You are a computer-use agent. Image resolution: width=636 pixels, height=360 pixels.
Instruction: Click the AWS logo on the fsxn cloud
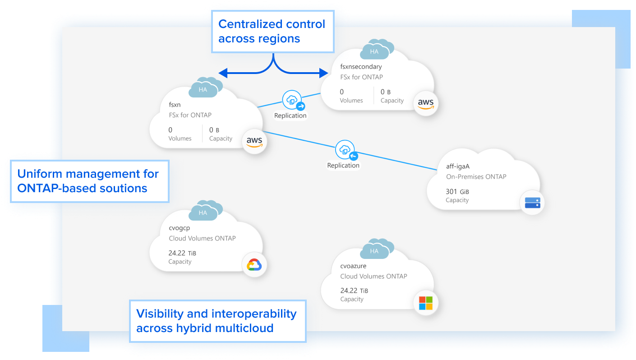254,142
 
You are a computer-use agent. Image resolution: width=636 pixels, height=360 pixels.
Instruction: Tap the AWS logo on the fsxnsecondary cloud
425,104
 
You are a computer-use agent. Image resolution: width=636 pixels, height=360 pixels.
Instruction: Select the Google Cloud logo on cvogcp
254,265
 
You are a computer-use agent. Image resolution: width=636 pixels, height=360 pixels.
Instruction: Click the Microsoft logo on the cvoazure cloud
425,303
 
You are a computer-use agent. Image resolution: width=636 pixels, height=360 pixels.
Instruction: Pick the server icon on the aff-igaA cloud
532,202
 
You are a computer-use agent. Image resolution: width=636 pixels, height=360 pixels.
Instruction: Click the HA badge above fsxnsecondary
374,51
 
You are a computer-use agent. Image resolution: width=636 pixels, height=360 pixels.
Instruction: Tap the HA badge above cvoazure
374,250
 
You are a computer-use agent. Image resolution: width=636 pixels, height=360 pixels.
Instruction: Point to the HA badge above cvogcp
203,212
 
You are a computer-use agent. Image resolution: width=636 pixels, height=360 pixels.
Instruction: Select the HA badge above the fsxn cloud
203,89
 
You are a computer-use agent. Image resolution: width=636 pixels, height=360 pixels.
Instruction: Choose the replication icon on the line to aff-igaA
346,151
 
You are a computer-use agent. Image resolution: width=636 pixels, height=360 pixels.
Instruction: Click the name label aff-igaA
458,166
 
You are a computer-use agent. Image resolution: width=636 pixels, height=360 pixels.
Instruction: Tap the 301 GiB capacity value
457,191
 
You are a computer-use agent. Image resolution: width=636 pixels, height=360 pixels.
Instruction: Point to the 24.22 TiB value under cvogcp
182,253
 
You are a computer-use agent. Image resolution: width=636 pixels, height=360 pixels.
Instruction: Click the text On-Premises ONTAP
476,177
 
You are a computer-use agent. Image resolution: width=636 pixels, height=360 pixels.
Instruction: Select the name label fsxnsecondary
361,67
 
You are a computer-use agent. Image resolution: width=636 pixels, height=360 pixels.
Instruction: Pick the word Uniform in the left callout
39,174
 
